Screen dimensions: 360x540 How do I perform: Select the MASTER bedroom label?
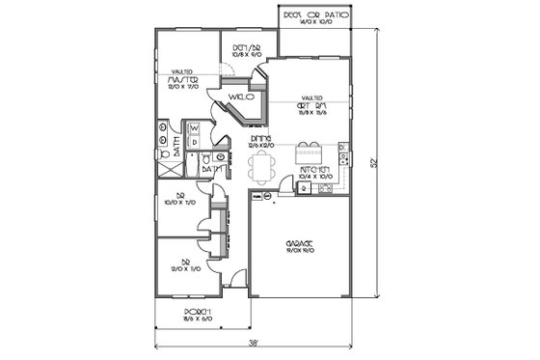pos(180,79)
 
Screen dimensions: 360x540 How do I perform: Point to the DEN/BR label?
pos(238,49)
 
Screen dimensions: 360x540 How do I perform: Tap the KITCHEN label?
pos(317,170)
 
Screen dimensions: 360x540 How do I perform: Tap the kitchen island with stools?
pos(308,152)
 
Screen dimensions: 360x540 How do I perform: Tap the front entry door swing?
pos(234,283)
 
